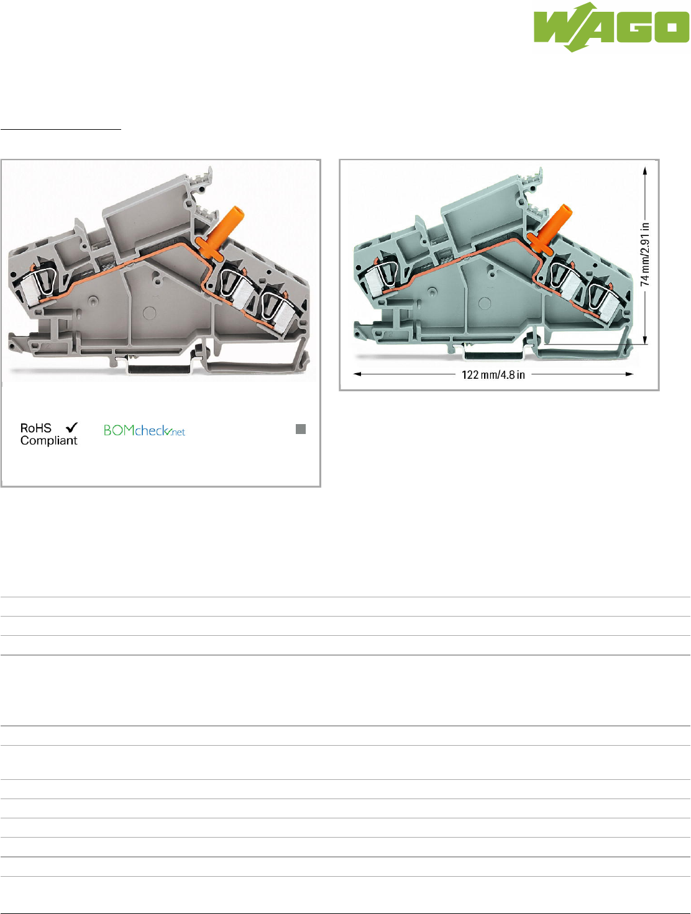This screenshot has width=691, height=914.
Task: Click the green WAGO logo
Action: coord(611,27)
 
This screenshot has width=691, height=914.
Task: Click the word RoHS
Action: coord(36,428)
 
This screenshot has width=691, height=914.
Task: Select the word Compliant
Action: coord(48,441)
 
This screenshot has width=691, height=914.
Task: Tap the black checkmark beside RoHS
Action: coord(71,427)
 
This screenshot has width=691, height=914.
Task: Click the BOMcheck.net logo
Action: coord(144,430)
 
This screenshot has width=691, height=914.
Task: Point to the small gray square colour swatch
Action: coord(301,429)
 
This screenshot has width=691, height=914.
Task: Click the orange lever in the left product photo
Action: coord(221,233)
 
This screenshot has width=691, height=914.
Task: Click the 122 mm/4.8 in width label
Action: coord(493,375)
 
